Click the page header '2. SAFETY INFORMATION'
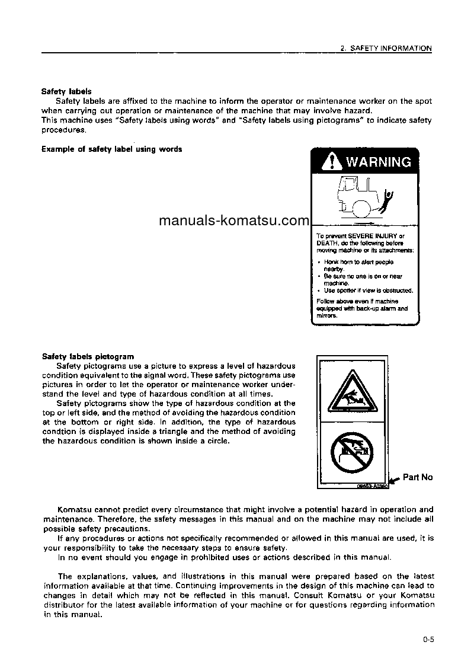click(386, 49)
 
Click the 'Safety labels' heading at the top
click(66, 92)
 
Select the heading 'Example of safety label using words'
click(111, 149)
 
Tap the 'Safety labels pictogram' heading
click(88, 357)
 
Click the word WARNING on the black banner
click(378, 162)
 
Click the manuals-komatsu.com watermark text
click(234, 221)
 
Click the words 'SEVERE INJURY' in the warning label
click(373, 236)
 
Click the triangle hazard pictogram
click(352, 394)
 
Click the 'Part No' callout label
click(418, 477)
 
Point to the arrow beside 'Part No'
click(393, 481)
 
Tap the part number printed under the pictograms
click(371, 486)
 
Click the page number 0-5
click(428, 639)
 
